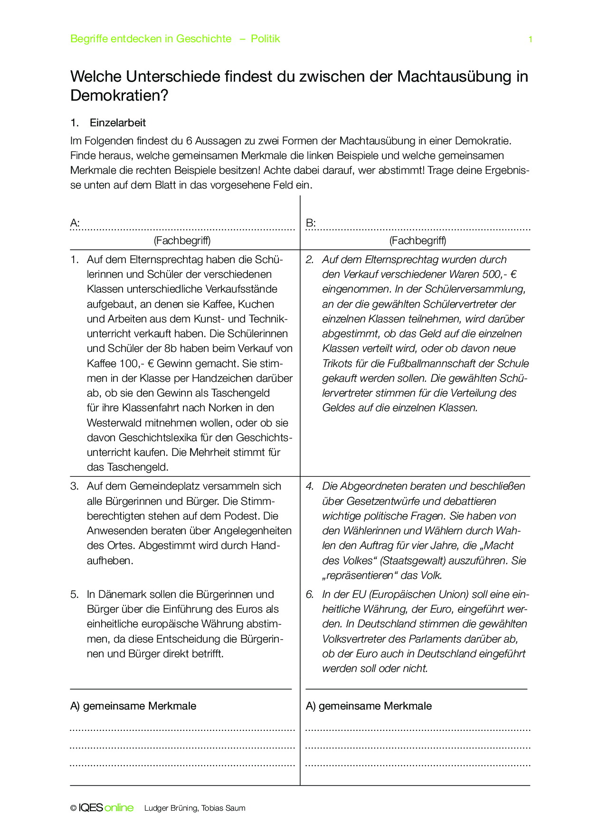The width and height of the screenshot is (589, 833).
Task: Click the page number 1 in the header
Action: click(530, 39)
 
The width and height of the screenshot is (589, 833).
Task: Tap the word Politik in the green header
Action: click(265, 39)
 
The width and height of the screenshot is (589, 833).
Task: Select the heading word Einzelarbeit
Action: click(117, 123)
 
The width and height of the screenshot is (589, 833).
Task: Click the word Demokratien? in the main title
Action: click(119, 95)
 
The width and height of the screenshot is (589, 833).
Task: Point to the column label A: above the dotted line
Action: click(75, 223)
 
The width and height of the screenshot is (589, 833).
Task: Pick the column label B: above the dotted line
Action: click(311, 223)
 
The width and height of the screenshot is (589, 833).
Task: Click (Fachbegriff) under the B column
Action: click(418, 240)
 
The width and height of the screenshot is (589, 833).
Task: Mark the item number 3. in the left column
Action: click(75, 486)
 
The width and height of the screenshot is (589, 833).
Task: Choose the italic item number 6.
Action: click(310, 594)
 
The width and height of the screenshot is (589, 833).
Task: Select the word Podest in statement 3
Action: click(244, 516)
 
